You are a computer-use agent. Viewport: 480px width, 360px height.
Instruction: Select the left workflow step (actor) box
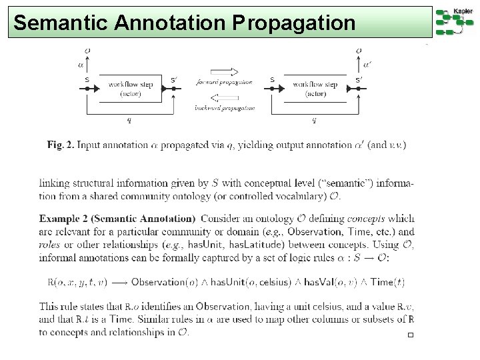tap(131, 89)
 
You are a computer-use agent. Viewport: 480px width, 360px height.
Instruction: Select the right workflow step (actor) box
tap(315, 89)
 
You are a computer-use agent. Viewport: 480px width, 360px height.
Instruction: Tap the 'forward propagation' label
tap(225, 83)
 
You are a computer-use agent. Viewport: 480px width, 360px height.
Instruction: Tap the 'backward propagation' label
tap(225, 107)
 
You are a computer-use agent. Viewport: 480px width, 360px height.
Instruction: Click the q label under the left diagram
tap(129, 121)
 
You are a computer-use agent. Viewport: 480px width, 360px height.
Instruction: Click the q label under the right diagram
tap(314, 121)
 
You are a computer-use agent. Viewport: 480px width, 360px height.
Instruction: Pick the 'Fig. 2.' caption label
tap(61, 145)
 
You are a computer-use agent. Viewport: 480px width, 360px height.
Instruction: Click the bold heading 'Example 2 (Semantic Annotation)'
tap(117, 218)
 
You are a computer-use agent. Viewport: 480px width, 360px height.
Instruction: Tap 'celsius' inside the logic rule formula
tap(272, 282)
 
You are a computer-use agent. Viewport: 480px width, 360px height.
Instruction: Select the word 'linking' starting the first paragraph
tap(55, 183)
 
